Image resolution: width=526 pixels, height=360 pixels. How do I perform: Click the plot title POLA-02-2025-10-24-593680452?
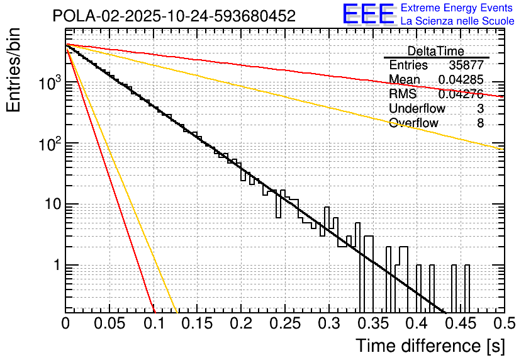point(174,16)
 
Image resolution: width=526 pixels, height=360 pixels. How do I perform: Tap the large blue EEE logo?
point(368,14)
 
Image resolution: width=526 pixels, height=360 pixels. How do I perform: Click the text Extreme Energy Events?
point(457,8)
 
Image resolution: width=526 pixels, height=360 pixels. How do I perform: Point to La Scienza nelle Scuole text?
point(457,21)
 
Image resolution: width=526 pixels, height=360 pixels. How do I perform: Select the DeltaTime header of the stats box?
point(436,51)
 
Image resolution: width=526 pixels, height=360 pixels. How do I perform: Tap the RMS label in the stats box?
point(403,94)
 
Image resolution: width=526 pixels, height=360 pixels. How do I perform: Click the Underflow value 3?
point(480,109)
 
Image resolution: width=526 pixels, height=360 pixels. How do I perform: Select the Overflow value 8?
point(480,123)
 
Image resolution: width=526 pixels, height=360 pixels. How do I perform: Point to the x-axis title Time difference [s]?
point(430,346)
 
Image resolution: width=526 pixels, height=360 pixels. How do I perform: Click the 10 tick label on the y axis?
point(52,205)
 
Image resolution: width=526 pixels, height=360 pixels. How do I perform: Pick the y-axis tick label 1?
point(56,265)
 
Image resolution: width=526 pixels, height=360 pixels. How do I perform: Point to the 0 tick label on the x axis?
point(65,323)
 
